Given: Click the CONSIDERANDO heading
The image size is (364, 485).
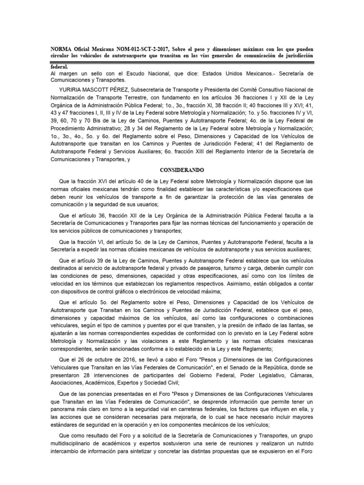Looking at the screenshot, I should [x=182, y=170].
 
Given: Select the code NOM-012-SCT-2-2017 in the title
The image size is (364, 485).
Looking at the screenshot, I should [x=135, y=49].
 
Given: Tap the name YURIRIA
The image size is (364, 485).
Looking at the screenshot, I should [x=73, y=89].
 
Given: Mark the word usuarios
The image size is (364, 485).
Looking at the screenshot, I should [x=145, y=204].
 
